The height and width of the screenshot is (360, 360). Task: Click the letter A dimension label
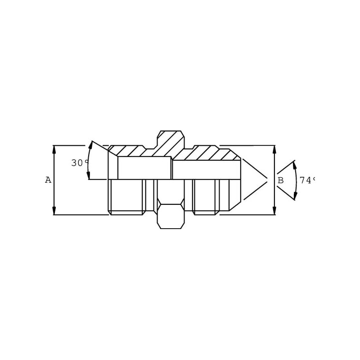[48, 180]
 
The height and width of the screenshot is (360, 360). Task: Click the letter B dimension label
[280, 180]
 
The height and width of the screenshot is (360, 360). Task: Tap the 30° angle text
[80, 163]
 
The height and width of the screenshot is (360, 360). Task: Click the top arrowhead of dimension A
[54, 149]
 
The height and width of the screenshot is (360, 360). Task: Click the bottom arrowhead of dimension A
[54, 211]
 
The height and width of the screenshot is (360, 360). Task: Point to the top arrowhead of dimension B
[274, 149]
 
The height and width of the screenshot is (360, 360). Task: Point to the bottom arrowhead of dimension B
[274, 211]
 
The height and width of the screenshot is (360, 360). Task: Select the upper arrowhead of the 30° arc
[91, 145]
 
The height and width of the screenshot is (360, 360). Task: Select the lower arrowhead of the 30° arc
[88, 175]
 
